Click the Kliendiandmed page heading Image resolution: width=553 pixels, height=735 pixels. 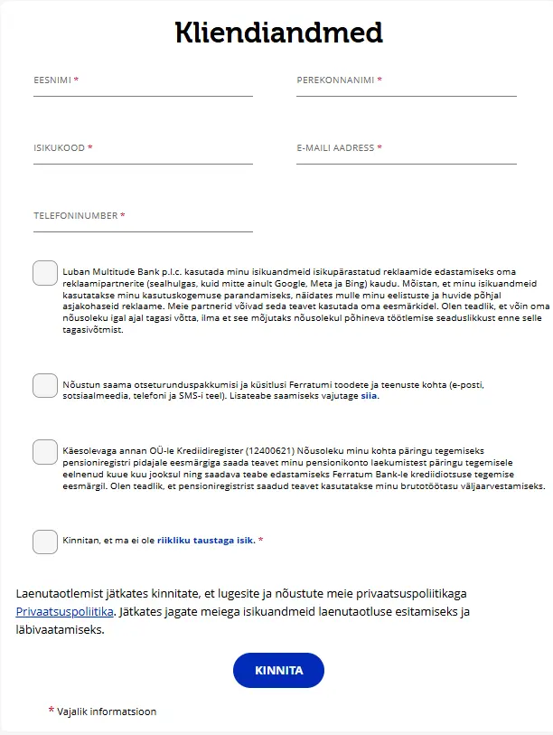278,33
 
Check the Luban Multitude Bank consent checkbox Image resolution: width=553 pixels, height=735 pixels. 45,273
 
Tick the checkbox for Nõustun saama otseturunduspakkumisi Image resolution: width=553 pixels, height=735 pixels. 45,385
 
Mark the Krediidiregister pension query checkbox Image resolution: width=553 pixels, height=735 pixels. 45,451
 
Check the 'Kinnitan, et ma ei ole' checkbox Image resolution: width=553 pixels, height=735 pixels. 45,542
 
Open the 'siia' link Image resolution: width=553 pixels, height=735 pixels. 369,396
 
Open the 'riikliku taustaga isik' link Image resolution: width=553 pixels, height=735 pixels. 206,541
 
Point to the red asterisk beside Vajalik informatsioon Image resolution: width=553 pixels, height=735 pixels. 51,711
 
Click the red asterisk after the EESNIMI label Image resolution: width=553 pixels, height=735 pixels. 77,80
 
